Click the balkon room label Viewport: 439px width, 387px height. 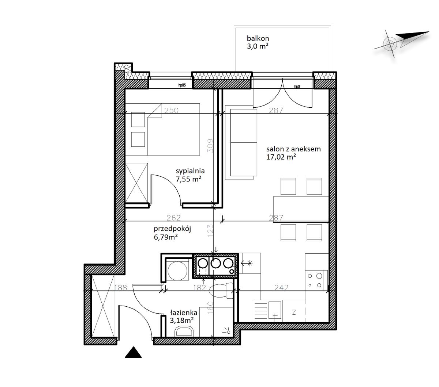258,38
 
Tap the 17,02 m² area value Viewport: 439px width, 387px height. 281,157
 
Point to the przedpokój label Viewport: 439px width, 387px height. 172,229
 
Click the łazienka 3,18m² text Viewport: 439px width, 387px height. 183,317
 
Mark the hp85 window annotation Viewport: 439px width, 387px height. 182,85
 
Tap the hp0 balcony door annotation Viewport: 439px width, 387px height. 297,87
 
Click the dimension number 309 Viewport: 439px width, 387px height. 210,146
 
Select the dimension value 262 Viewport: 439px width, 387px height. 173,218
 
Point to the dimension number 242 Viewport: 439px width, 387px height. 281,287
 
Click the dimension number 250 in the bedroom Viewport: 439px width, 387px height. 171,110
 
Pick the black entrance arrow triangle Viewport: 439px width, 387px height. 133,352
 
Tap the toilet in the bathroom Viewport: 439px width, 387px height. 221,291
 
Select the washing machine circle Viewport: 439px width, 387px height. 177,271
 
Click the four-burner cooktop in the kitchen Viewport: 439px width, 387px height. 314,280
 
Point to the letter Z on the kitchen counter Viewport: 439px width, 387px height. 294,312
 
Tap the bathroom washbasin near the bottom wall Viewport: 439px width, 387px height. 184,332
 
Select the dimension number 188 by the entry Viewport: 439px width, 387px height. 120,287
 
